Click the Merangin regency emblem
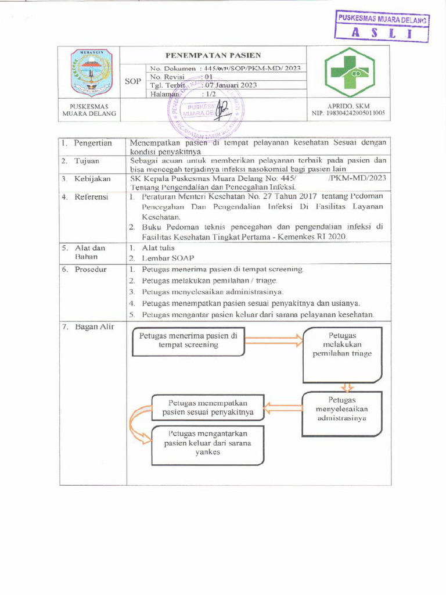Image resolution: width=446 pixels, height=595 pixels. [91, 72]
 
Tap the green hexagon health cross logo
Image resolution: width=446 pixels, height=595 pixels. [348, 73]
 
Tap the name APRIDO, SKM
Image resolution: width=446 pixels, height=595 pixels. [348, 106]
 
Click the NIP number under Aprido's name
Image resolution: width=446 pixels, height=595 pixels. [348, 114]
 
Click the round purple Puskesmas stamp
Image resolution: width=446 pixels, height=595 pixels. [206, 109]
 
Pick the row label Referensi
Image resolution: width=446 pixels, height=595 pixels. [91, 197]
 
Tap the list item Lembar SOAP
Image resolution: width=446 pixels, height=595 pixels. [168, 257]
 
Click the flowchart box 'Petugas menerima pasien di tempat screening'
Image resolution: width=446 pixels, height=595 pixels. [189, 342]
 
